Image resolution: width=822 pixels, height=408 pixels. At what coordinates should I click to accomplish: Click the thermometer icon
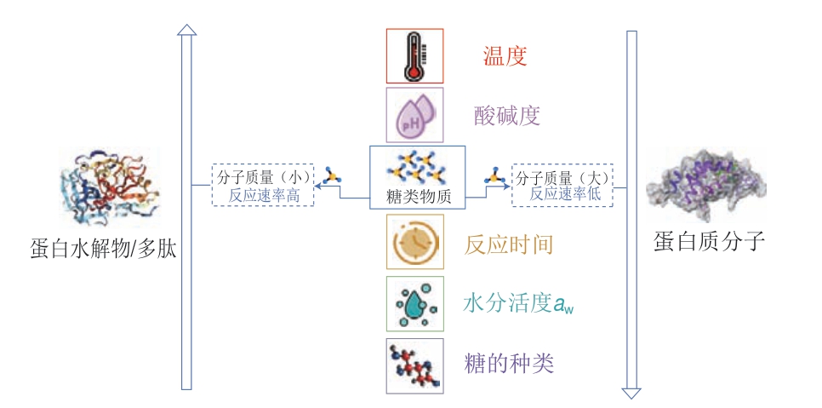[414, 55]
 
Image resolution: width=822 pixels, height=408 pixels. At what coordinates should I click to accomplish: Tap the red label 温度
[505, 56]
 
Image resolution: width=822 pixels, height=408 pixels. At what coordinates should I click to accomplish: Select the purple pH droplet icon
[414, 114]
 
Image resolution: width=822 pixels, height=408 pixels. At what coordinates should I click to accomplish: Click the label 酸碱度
[507, 115]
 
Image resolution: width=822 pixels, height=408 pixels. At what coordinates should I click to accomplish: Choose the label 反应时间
[509, 244]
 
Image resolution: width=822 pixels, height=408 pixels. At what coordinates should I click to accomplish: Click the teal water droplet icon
[414, 303]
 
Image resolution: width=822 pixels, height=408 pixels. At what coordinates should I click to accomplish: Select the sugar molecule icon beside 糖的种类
[414, 364]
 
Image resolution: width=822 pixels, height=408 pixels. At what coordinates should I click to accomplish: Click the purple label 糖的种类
[509, 364]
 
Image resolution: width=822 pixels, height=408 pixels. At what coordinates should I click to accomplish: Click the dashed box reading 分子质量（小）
[263, 185]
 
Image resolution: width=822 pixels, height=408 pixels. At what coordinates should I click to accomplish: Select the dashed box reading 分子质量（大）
[566, 185]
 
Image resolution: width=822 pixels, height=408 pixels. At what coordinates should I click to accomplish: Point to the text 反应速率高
[264, 195]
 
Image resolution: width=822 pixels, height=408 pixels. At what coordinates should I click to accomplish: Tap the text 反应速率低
[565, 194]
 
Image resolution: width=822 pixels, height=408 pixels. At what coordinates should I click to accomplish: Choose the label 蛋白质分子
[710, 241]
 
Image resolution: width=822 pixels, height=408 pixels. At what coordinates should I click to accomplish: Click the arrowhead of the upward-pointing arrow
[186, 29]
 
